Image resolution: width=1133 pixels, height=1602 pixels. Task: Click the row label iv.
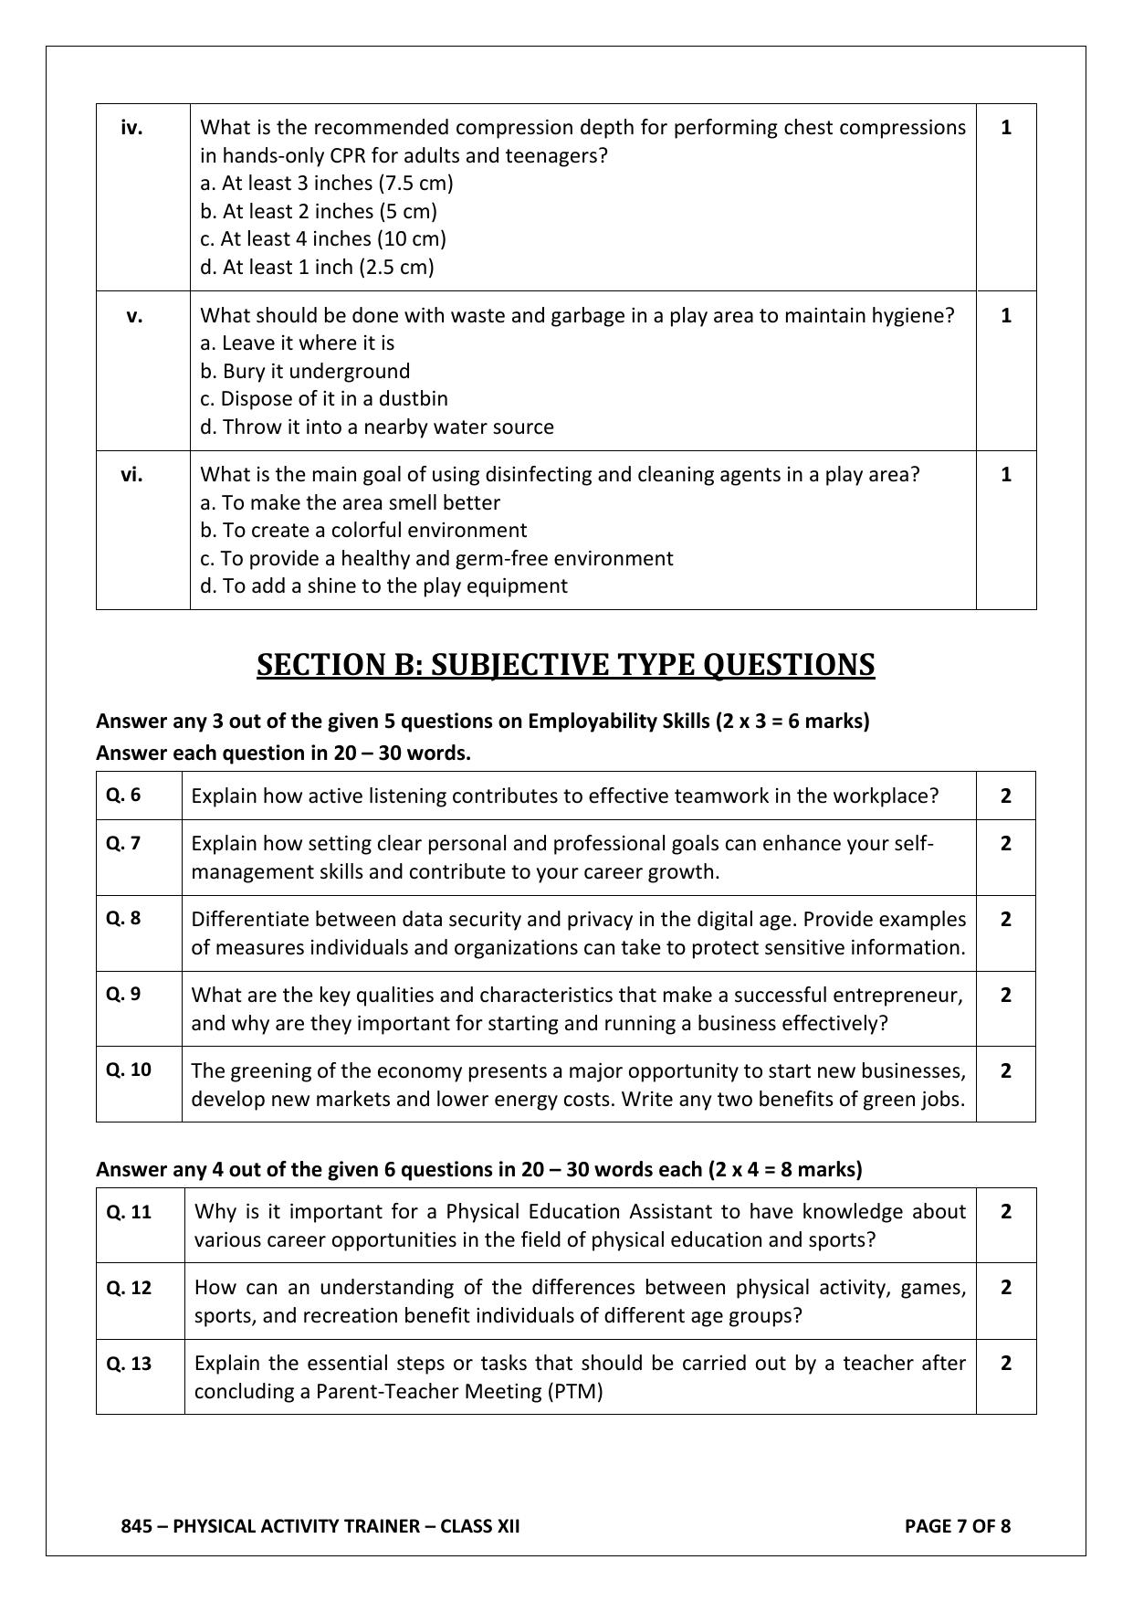[x=131, y=128]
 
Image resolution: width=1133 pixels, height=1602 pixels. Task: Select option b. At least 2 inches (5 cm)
[x=318, y=211]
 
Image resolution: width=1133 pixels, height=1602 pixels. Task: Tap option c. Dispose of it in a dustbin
[x=323, y=398]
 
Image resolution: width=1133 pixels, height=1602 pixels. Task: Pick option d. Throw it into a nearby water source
[x=376, y=427]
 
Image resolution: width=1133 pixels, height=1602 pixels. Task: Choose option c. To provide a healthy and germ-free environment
[x=436, y=558]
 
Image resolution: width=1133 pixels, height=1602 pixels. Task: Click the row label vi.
[x=131, y=474]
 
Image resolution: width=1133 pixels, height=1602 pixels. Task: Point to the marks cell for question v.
[x=1005, y=316]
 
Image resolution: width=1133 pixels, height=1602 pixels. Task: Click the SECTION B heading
[x=565, y=664]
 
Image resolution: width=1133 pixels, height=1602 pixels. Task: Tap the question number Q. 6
[x=123, y=795]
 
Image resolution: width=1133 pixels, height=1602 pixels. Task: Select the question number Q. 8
[x=123, y=918]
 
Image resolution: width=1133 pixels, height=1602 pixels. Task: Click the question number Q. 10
[x=129, y=1070]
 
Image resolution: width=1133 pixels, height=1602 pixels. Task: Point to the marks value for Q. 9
[x=1005, y=995]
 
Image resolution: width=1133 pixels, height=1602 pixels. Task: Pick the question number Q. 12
[x=129, y=1288]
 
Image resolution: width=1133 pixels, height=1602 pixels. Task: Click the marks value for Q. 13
[x=1005, y=1363]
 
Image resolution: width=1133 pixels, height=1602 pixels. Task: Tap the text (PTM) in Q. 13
[x=575, y=1391]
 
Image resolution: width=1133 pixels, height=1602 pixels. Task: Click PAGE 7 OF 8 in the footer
[x=957, y=1525]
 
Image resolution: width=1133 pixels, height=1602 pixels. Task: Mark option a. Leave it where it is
[x=297, y=343]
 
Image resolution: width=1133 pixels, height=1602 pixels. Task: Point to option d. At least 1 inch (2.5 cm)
[x=317, y=267]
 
